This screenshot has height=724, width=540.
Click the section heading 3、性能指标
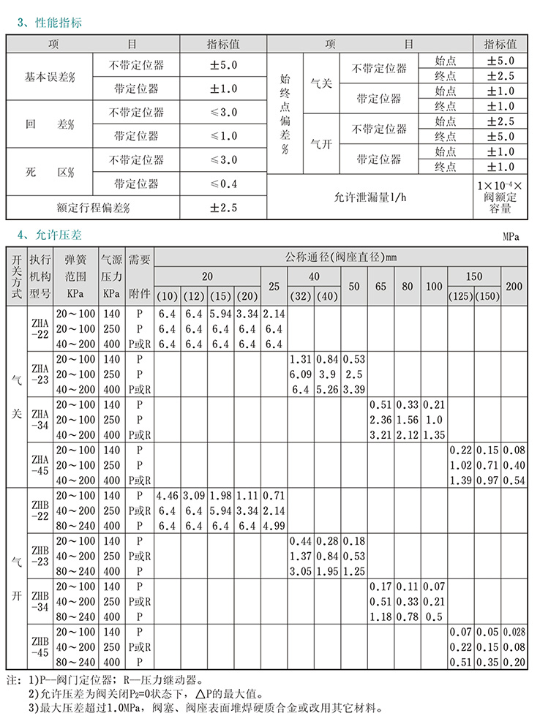pyautogui.click(x=50, y=23)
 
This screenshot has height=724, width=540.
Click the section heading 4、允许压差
pyautogui.click(x=50, y=235)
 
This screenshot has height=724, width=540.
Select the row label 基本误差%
pyautogui.click(x=50, y=77)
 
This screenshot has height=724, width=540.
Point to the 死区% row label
pyautogui.click(x=50, y=172)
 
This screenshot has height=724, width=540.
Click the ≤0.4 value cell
pyautogui.click(x=224, y=184)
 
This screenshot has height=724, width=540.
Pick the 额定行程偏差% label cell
pyautogui.click(x=93, y=208)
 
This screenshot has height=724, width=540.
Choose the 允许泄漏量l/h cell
pyautogui.click(x=370, y=197)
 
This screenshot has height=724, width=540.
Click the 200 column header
pyautogui.click(x=514, y=286)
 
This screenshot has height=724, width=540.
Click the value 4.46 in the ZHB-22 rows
pyautogui.click(x=168, y=496)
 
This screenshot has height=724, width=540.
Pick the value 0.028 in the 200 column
pyautogui.click(x=514, y=632)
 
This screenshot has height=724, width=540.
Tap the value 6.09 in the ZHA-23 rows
pyautogui.click(x=300, y=374)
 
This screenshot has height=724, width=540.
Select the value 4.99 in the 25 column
pyautogui.click(x=274, y=526)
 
